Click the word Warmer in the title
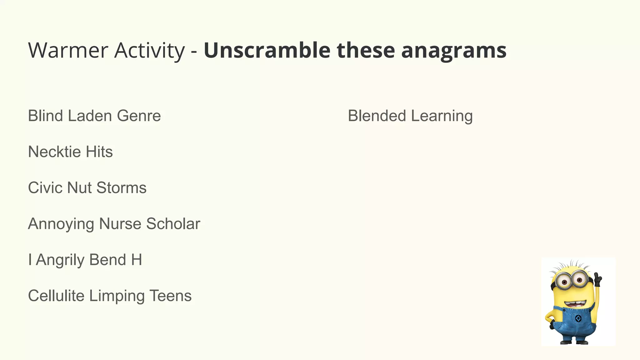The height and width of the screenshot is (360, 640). tap(68, 50)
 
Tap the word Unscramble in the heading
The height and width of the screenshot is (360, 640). tap(267, 50)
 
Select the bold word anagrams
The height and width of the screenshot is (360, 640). tap(454, 51)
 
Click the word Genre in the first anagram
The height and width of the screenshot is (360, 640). tap(139, 116)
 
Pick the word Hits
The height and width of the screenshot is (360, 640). tap(99, 152)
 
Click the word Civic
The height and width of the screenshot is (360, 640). tap(45, 188)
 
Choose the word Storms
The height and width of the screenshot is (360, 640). tap(121, 188)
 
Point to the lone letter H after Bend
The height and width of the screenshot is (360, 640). tap(137, 260)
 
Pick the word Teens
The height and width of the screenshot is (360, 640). tap(170, 296)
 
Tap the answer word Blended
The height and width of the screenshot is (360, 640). tap(377, 116)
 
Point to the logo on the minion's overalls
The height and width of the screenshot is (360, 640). tap(578, 319)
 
